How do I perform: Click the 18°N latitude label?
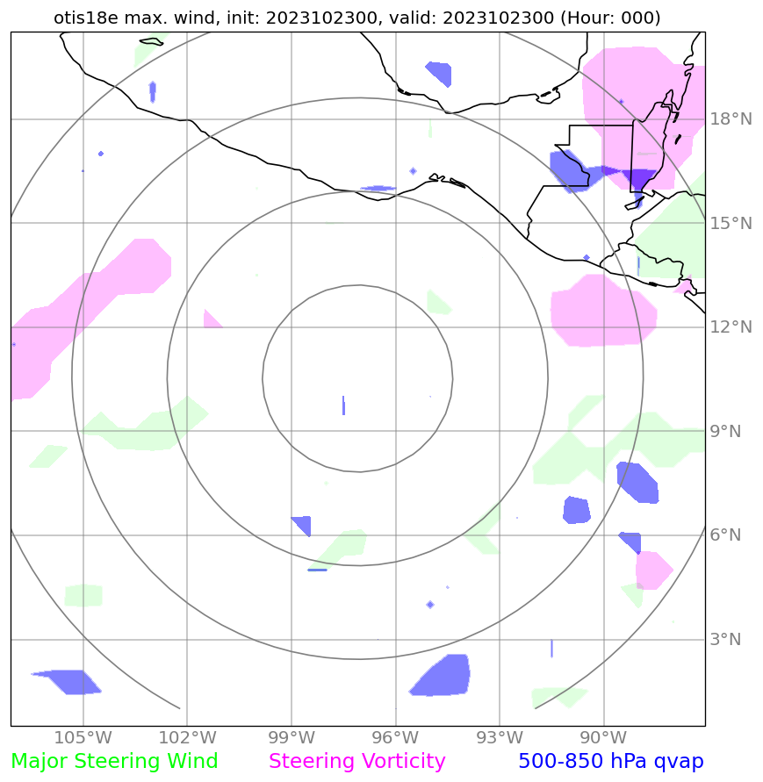(x=730, y=119)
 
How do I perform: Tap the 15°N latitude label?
(x=730, y=224)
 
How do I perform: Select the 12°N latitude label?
(x=730, y=327)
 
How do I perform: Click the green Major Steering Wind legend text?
(x=114, y=762)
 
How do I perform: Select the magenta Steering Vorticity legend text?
(x=357, y=762)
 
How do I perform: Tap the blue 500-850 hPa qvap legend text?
(x=610, y=762)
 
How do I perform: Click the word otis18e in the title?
(x=83, y=18)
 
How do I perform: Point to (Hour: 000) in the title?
(x=610, y=18)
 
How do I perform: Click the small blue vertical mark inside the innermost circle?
(x=343, y=406)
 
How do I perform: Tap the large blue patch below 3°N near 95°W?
(x=441, y=676)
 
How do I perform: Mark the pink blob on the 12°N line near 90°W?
(x=602, y=312)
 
